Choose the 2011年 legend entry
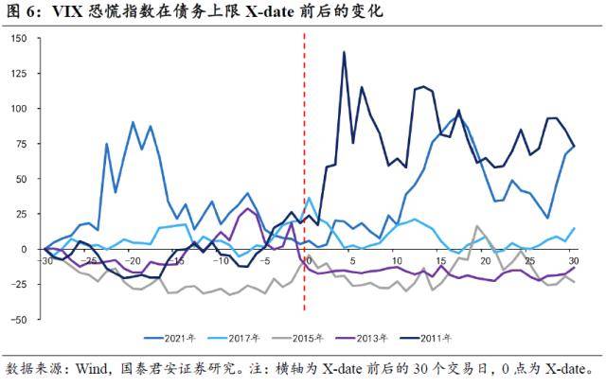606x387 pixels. [472, 337]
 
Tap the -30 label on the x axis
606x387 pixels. [45, 260]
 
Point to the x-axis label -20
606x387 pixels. [133, 260]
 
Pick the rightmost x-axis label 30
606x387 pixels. [573, 260]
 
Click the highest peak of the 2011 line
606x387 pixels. [344, 52]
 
